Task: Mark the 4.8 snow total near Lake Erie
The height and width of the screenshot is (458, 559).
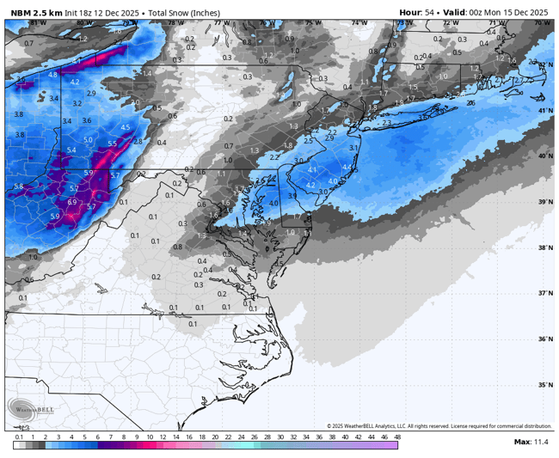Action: (x=53, y=75)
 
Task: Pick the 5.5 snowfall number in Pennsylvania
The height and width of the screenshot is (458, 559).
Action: (x=112, y=144)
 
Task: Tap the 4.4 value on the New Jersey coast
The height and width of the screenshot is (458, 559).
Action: (x=347, y=167)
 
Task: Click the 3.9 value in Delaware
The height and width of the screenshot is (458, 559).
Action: (x=292, y=196)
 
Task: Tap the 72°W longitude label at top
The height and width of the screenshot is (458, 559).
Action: (x=447, y=23)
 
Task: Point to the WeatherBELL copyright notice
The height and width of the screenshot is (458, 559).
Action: (x=439, y=426)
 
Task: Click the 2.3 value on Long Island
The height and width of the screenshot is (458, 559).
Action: (x=386, y=122)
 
